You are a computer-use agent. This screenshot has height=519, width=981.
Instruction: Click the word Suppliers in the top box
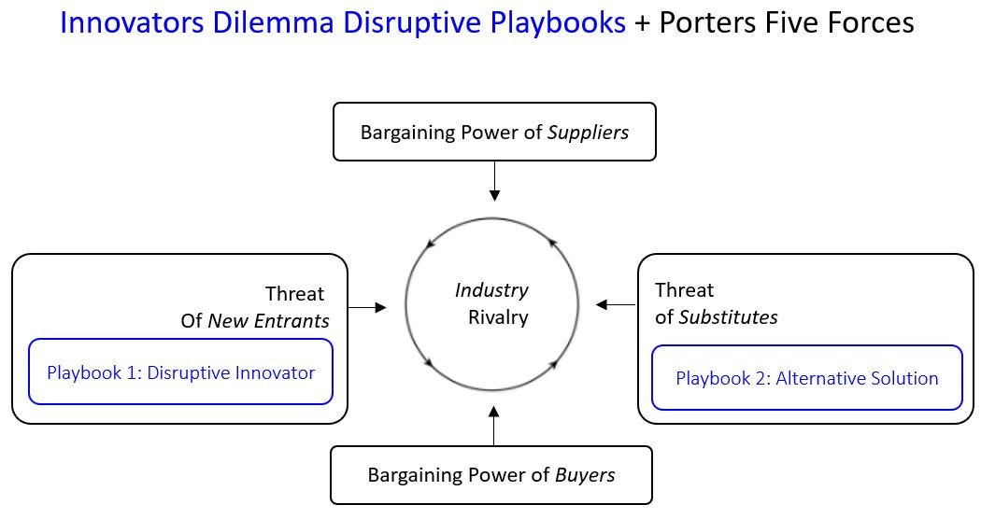pyautogui.click(x=589, y=132)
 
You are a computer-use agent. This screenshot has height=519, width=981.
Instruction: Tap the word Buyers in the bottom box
pyautogui.click(x=585, y=475)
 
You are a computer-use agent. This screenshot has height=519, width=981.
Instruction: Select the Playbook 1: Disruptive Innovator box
pyautogui.click(x=180, y=372)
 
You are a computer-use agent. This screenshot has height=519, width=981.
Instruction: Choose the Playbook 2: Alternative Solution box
pyautogui.click(x=806, y=378)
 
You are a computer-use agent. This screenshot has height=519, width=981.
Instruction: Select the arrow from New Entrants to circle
pyautogui.click(x=367, y=306)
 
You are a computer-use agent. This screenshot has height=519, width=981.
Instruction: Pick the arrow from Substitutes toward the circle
pyautogui.click(x=616, y=304)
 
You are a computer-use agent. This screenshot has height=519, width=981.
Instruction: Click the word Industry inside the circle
pyautogui.click(x=491, y=290)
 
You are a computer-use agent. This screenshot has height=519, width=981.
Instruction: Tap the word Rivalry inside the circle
pyautogui.click(x=498, y=317)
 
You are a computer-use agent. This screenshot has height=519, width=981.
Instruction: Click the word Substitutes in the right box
pyautogui.click(x=728, y=317)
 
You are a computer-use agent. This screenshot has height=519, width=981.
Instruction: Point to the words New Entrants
pyautogui.click(x=268, y=321)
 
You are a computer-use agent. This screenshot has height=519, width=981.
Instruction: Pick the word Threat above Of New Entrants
pyautogui.click(x=294, y=294)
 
